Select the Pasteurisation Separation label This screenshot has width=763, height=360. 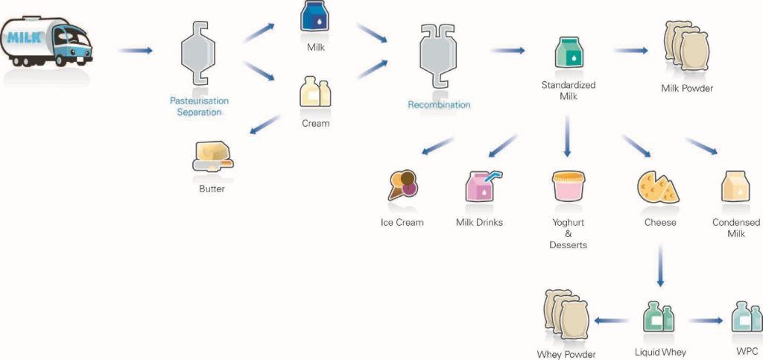(x=199, y=107)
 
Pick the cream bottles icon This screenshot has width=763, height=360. (x=315, y=91)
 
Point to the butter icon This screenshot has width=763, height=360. (x=212, y=157)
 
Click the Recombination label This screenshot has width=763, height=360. (x=439, y=104)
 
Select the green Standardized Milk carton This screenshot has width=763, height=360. (x=569, y=52)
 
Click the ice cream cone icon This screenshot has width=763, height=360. (x=403, y=185)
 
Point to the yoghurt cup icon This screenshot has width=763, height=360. (x=568, y=186)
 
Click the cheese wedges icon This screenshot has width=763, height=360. (x=658, y=186)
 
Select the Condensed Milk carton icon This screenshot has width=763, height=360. (x=735, y=186)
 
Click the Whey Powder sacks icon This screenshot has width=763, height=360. (x=566, y=315)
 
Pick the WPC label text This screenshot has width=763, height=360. (x=747, y=351)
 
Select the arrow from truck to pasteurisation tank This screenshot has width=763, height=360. (x=136, y=51)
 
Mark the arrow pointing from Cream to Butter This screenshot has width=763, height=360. (x=265, y=124)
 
